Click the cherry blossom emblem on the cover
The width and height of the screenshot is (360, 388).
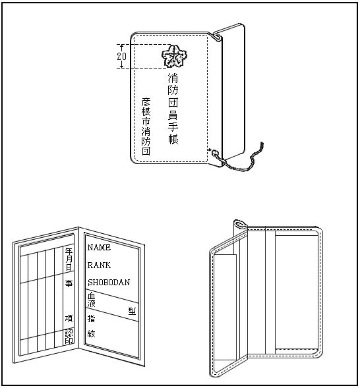174,56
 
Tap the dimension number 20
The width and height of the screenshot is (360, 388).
121,57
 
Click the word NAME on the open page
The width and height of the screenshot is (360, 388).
99,247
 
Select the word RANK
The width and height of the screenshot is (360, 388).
99,265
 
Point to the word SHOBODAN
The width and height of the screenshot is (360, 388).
109,282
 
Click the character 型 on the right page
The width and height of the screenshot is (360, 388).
133,311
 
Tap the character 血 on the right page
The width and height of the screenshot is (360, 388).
92,295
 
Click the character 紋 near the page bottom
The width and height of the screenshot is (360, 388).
91,333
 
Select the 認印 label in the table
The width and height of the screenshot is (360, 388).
69,337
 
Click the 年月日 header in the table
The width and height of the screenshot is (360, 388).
69,260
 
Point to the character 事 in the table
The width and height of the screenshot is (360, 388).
69,283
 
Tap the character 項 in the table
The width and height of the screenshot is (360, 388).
69,318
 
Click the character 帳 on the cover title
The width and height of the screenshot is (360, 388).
173,139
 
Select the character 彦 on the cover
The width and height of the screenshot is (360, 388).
146,102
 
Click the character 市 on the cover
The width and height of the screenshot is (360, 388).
146,121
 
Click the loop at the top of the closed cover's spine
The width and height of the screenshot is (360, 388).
217,37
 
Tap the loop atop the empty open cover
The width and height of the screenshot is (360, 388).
240,225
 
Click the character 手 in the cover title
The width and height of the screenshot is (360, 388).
173,126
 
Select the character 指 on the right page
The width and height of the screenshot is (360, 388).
91,318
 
